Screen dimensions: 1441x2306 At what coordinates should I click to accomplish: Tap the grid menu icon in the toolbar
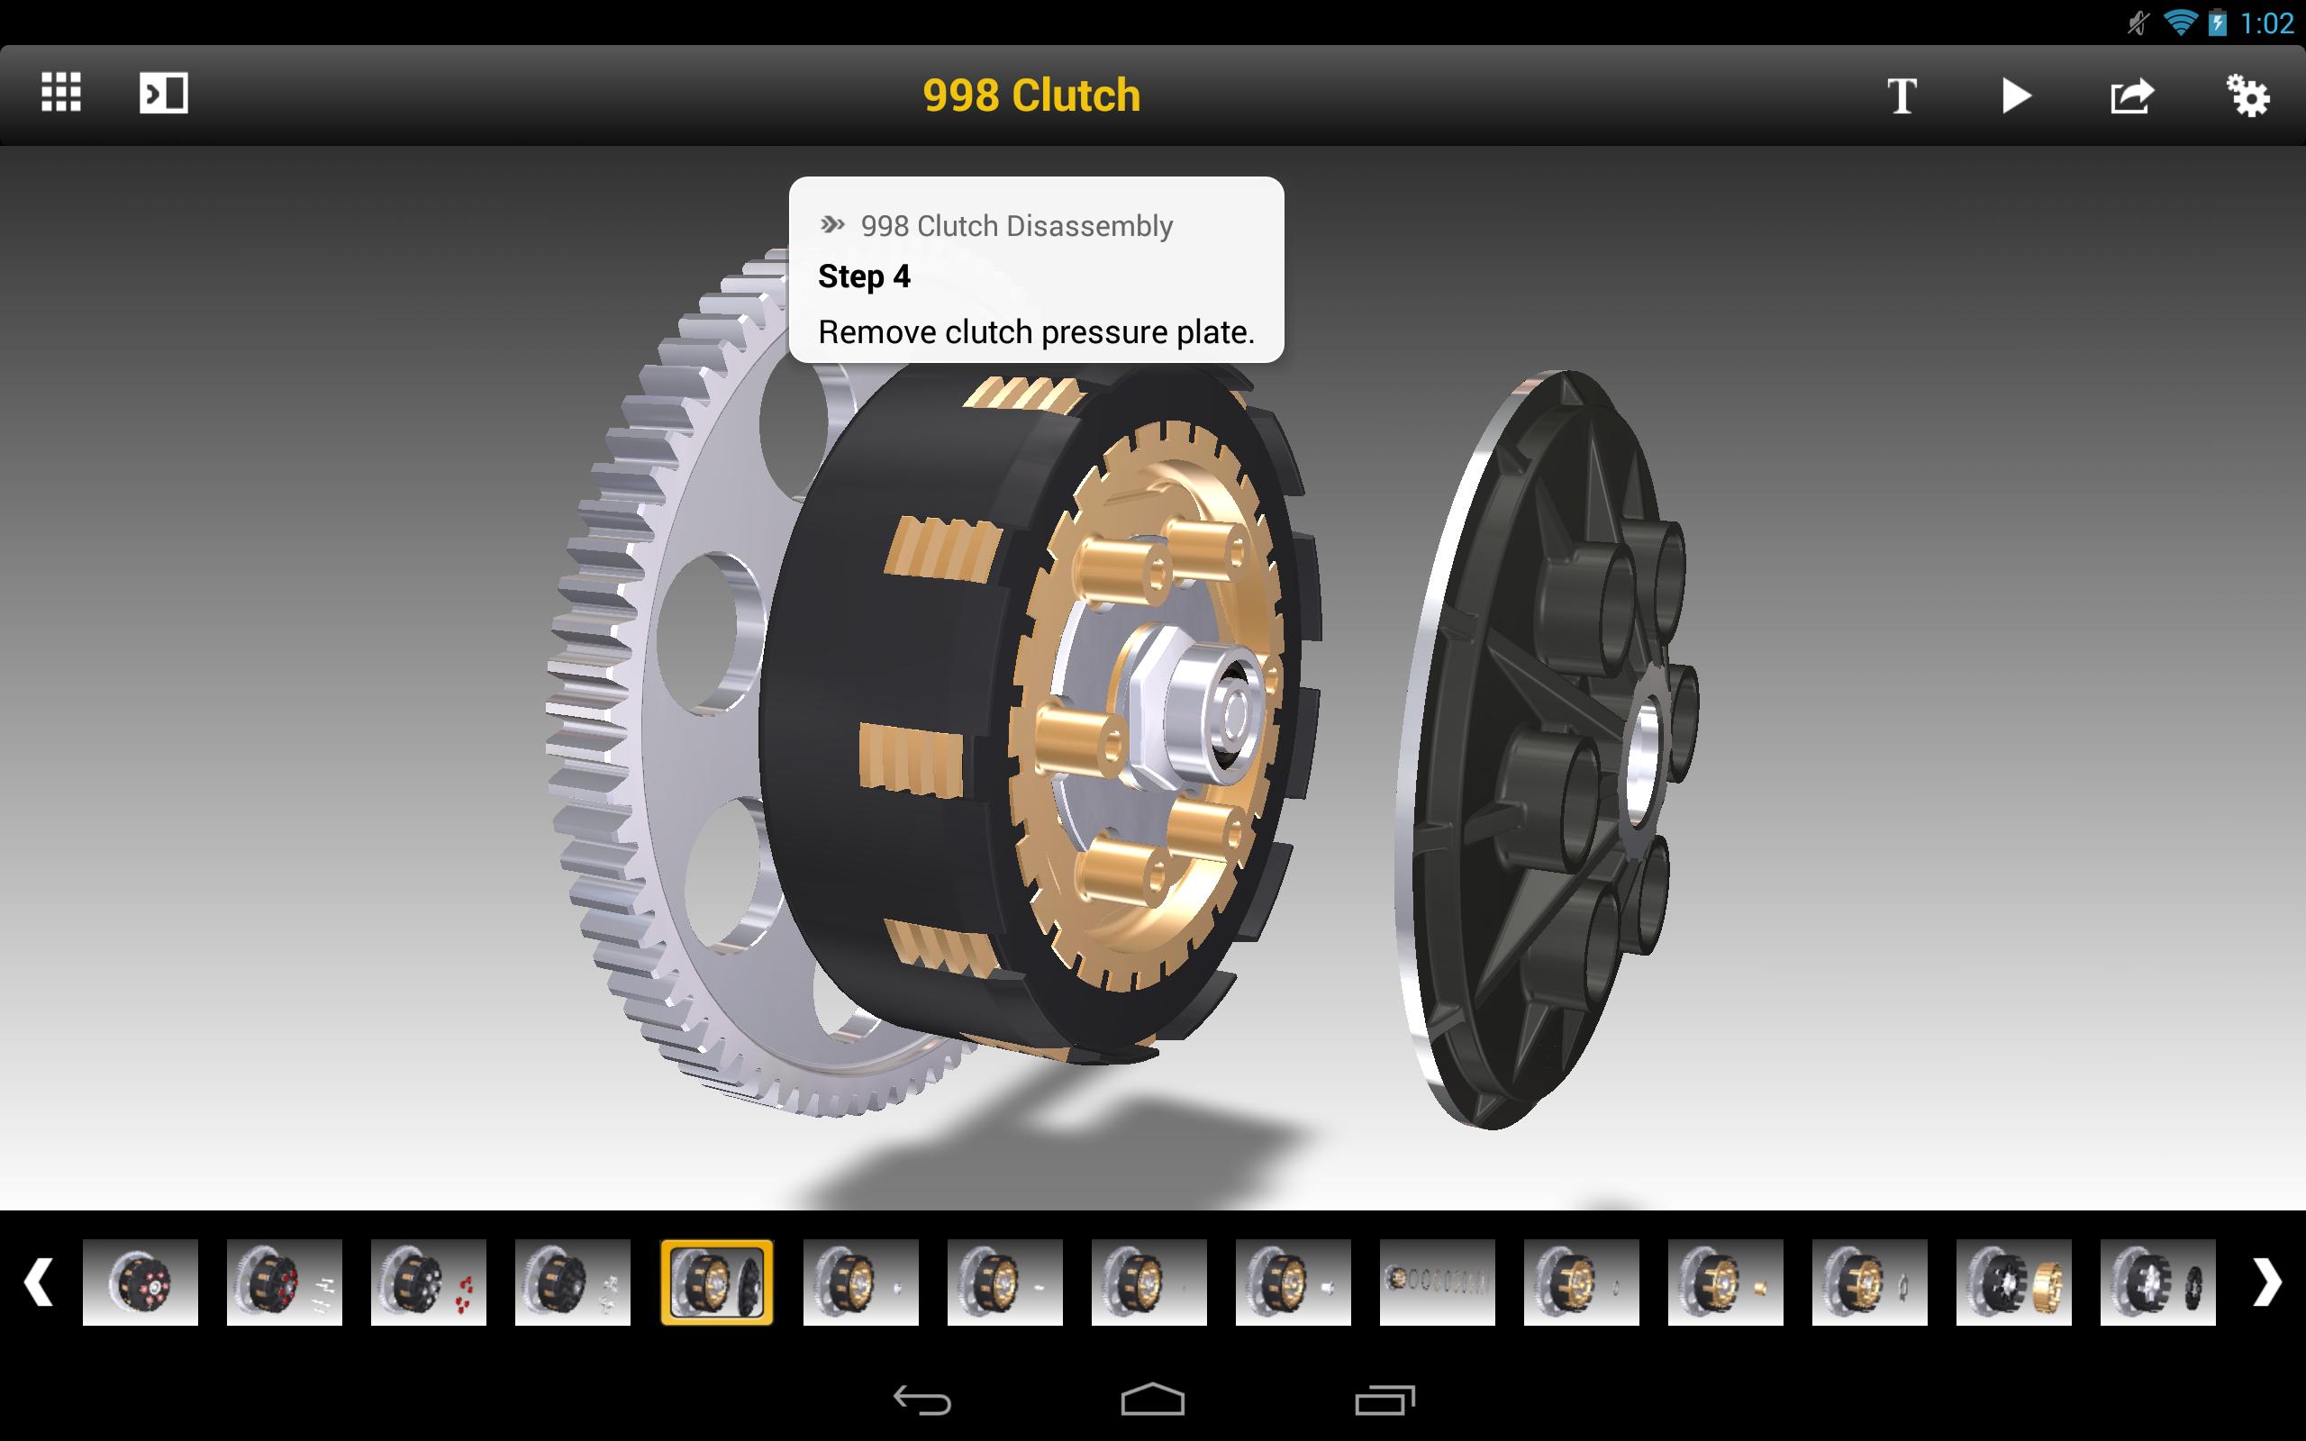click(61, 94)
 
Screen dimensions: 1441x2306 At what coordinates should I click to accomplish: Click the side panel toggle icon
click(164, 94)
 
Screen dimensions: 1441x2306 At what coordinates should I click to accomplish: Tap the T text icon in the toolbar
click(1902, 95)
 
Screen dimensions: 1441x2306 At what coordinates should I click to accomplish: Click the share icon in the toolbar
click(2131, 95)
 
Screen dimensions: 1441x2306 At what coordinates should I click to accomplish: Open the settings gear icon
click(2247, 95)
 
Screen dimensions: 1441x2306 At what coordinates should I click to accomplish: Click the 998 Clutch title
click(1031, 95)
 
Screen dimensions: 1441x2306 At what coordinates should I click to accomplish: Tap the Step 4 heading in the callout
click(864, 276)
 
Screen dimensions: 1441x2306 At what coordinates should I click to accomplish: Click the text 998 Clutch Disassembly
click(1016, 226)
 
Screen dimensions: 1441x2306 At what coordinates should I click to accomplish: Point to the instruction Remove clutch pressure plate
click(1036, 331)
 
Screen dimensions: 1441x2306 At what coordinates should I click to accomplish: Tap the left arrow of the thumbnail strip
click(38, 1282)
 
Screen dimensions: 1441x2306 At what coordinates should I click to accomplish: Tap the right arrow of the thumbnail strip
click(2267, 1282)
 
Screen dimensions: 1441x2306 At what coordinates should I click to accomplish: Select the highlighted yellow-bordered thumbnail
click(717, 1282)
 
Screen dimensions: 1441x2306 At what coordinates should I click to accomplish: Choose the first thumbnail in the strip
click(141, 1282)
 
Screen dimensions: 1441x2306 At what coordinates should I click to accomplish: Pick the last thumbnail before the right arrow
click(2157, 1282)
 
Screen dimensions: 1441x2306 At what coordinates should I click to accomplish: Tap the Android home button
click(1152, 1399)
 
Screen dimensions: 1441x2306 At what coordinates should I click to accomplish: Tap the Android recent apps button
click(1385, 1399)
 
